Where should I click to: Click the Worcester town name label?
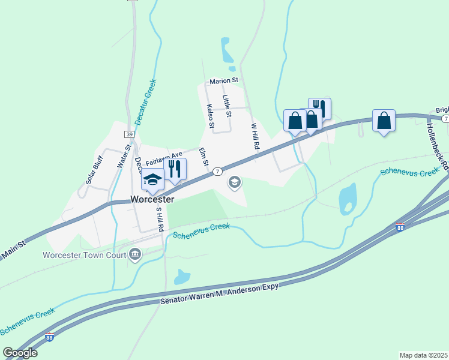tap(152, 199)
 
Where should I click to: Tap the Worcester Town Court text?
tap(83, 255)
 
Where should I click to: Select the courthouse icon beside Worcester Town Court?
tap(135, 255)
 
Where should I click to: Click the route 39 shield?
tap(129, 134)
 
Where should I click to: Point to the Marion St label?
tap(224, 80)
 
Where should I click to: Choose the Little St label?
tap(227, 101)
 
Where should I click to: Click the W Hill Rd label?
tap(255, 137)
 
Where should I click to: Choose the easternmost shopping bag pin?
tap(384, 121)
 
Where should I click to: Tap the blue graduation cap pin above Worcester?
tap(152, 179)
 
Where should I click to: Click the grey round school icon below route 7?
tap(235, 182)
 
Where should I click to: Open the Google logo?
tap(19, 353)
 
